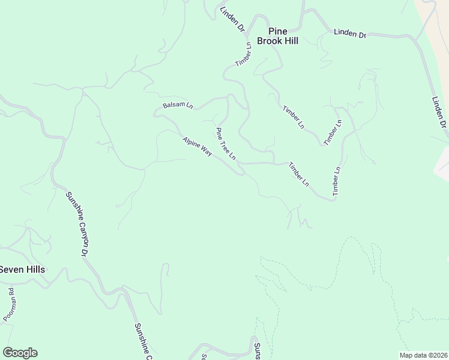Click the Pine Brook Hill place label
pos(277,36)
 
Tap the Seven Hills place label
pos(22,269)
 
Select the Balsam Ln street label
pos(178,106)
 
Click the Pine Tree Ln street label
pos(226,144)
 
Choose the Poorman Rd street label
pos(8,304)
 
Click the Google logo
pos(20,353)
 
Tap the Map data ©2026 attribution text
pos(424,355)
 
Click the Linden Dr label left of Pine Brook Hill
pos(232,19)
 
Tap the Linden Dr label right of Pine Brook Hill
pos(350,34)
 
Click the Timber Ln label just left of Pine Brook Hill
pos(243,54)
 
